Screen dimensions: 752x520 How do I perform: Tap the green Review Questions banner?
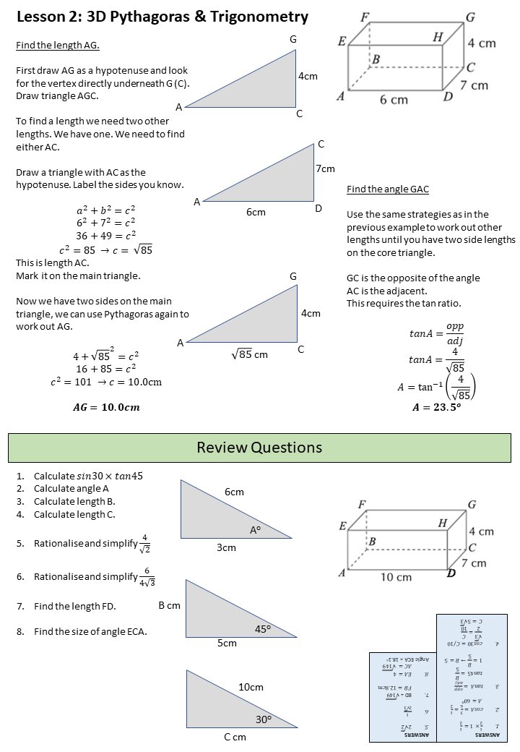click(x=259, y=448)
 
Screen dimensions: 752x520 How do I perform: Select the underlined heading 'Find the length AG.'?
click(x=58, y=46)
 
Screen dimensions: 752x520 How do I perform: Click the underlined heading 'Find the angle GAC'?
click(x=388, y=189)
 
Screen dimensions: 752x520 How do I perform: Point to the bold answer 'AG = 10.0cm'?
click(x=107, y=407)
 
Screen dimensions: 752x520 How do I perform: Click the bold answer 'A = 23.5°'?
click(x=435, y=407)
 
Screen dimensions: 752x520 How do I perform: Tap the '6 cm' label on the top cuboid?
click(x=394, y=100)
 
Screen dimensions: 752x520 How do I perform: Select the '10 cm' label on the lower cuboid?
click(x=395, y=577)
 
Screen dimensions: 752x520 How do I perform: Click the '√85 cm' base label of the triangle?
click(x=249, y=354)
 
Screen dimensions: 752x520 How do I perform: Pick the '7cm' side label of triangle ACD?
click(x=325, y=168)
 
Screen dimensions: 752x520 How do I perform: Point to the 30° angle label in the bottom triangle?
click(x=263, y=719)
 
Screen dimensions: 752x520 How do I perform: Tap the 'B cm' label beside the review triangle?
click(x=169, y=606)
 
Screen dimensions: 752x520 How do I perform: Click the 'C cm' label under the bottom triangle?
click(x=235, y=737)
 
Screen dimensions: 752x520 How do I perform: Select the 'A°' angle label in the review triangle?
click(x=255, y=530)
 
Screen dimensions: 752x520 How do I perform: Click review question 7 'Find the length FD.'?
click(x=74, y=606)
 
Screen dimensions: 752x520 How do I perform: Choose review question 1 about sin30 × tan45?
click(x=88, y=476)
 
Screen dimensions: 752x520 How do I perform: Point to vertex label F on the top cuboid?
click(x=365, y=17)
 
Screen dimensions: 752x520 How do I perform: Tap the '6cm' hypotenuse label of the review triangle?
click(x=234, y=492)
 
